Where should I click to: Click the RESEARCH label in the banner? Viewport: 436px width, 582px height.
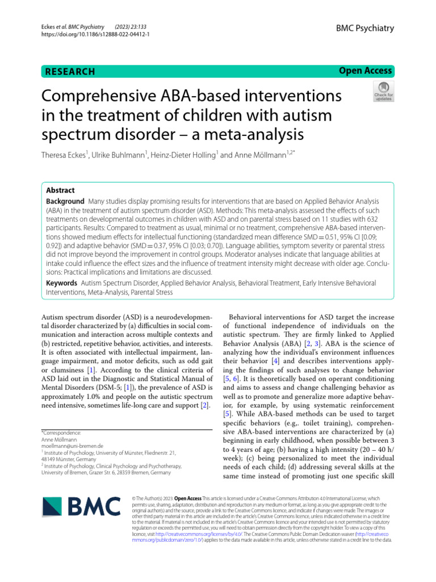pos(70,72)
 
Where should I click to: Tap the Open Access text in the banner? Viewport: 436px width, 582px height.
pos(365,70)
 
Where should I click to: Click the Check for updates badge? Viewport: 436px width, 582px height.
pos(382,91)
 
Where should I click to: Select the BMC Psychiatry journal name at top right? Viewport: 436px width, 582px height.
pos(365,28)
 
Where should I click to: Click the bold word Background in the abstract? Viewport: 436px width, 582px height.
pos(65,202)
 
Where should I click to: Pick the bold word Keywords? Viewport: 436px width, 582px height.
pos(61,282)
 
